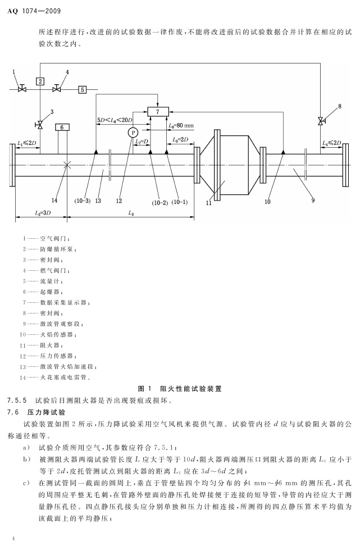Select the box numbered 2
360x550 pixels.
pyautogui.click(x=40, y=81)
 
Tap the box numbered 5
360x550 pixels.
pyautogui.click(x=82, y=89)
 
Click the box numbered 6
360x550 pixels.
pyautogui.click(x=62, y=127)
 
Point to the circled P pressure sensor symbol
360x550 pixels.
pyautogui.click(x=133, y=132)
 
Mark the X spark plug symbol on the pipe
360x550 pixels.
pyautogui.click(x=67, y=165)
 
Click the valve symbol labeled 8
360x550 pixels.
pyautogui.click(x=320, y=121)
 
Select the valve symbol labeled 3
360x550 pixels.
pyautogui.click(x=40, y=124)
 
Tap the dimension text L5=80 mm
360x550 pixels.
pyautogui.click(x=181, y=126)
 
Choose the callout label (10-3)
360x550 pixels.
pyautogui.click(x=82, y=199)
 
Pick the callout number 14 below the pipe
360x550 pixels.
pyautogui.click(x=54, y=199)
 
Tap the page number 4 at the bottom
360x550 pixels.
pyautogui.click(x=12, y=538)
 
